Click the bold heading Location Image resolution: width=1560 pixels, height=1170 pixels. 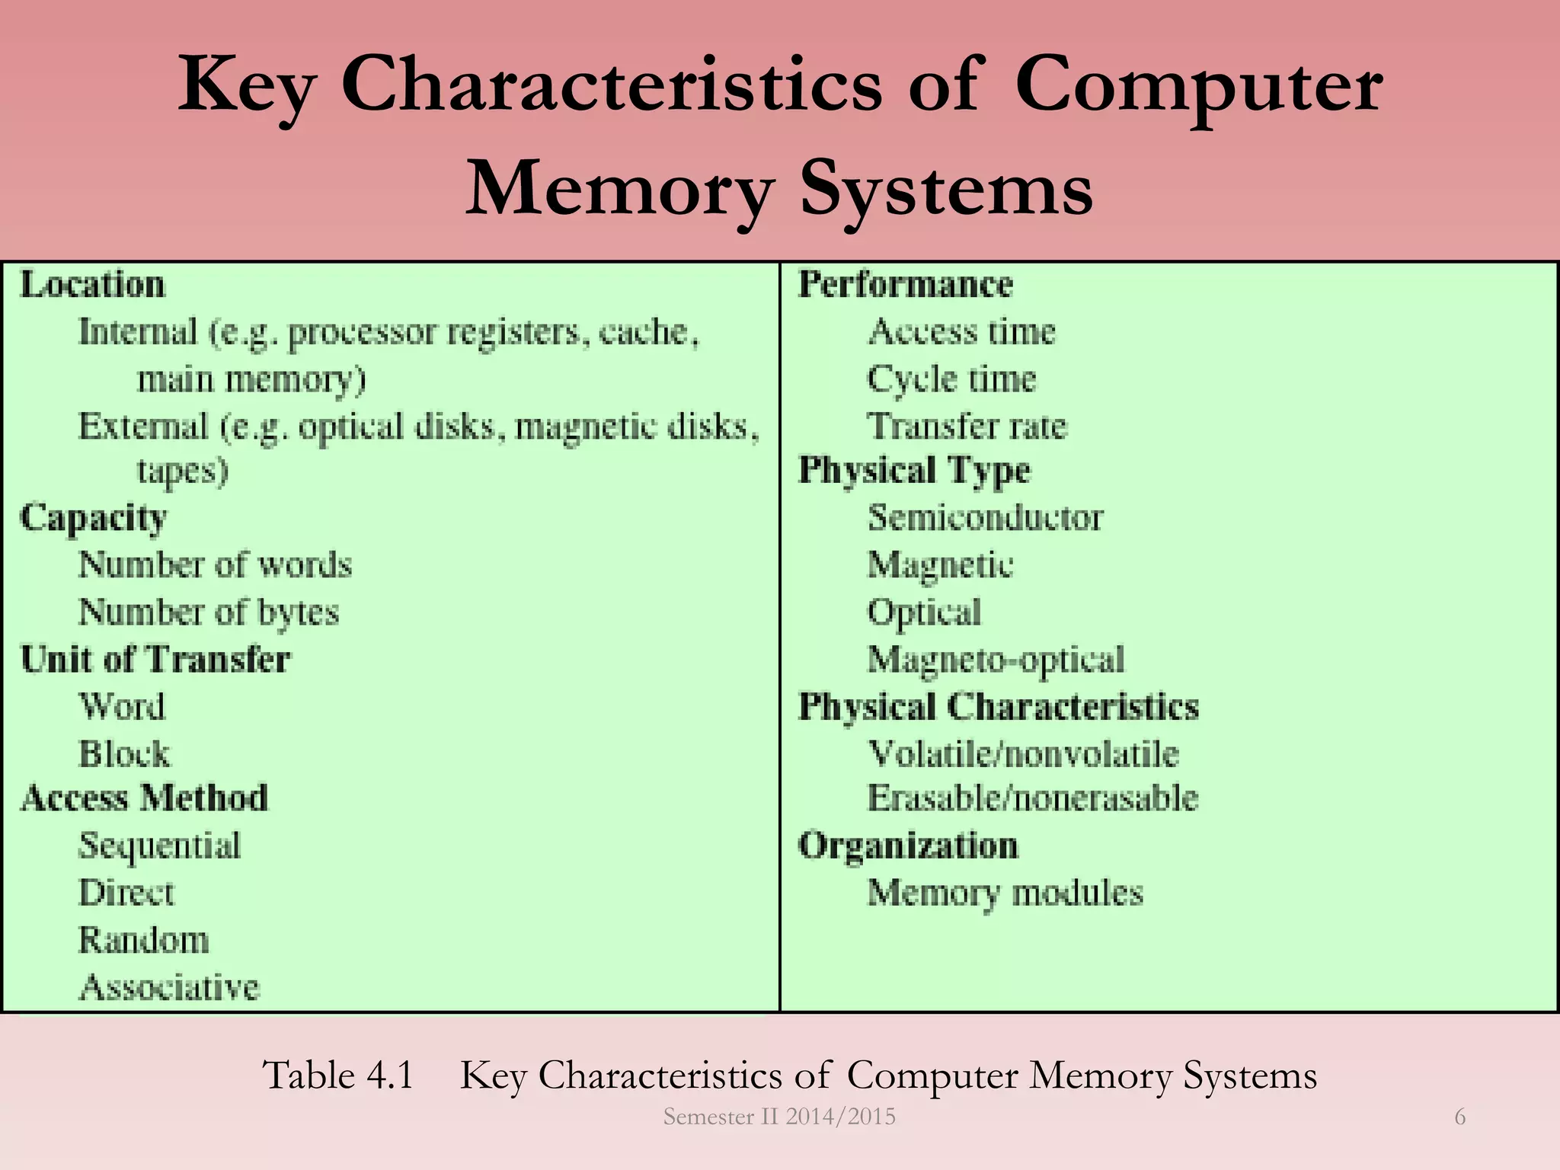pyautogui.click(x=92, y=285)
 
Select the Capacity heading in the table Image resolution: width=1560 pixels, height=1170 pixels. pyautogui.click(x=93, y=518)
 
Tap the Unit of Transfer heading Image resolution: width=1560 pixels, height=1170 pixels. pyautogui.click(x=155, y=659)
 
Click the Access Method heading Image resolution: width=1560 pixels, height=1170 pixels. pyautogui.click(x=145, y=798)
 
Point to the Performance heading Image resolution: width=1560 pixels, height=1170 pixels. pyautogui.click(x=906, y=284)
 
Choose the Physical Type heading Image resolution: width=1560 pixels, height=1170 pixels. pyautogui.click(x=914, y=470)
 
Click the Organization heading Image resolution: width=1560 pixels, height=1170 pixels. pyautogui.click(x=908, y=846)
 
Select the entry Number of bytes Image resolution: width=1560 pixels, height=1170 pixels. pyautogui.click(x=209, y=612)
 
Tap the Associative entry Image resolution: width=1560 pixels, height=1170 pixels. pyautogui.click(x=169, y=987)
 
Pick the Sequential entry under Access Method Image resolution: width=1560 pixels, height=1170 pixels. pyautogui.click(x=160, y=846)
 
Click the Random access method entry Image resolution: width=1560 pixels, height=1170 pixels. pyautogui.click(x=144, y=940)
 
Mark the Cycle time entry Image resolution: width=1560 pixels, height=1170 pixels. pyautogui.click(x=952, y=379)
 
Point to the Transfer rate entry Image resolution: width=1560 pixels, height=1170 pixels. pyautogui.click(x=967, y=426)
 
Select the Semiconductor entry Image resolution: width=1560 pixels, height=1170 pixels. pyautogui.click(x=985, y=518)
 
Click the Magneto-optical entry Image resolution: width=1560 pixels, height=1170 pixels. pyautogui.click(x=996, y=660)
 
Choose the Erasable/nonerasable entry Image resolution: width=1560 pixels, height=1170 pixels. pyautogui.click(x=1033, y=798)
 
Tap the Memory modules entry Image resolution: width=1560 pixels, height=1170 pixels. pyautogui.click(x=1005, y=893)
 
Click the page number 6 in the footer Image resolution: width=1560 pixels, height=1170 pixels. pyautogui.click(x=1460, y=1117)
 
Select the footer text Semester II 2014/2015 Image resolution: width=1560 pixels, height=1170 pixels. pyautogui.click(x=779, y=1117)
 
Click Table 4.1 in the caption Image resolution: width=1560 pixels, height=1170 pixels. pyautogui.click(x=338, y=1076)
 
